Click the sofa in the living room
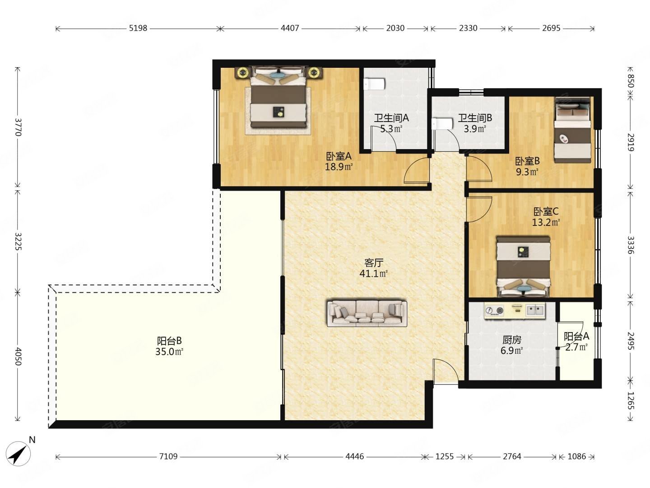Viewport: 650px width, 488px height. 367,314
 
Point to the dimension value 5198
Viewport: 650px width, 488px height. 138,28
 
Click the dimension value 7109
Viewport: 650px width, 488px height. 168,456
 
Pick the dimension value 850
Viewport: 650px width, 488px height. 630,80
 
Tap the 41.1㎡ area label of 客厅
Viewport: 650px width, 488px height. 373,273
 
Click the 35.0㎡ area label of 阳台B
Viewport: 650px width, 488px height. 169,352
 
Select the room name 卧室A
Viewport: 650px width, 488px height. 339,156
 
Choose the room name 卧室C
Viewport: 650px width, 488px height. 546,211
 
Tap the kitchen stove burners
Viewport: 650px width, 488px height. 494,310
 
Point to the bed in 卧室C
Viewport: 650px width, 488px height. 523,267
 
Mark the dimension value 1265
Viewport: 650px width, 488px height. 630,401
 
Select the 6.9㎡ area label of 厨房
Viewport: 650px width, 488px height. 511,351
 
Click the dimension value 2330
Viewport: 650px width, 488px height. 468,28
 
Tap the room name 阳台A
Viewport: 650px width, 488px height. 576,336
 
